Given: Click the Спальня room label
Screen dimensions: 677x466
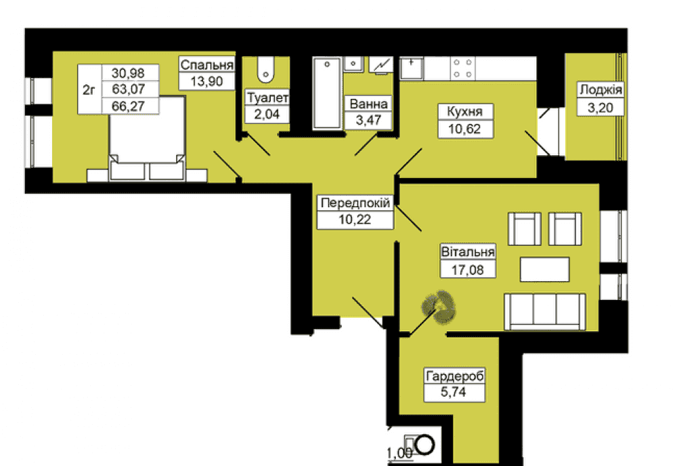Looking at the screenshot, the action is tap(206, 65).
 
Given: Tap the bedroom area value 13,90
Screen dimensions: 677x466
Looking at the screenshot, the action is tap(206, 81).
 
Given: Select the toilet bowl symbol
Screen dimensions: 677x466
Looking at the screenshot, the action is tap(265, 70).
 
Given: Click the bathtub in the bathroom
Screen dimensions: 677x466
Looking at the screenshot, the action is tap(327, 93).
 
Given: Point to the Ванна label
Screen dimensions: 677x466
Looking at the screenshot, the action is tap(368, 104).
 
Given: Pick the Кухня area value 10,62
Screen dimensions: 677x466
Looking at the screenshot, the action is tap(464, 129).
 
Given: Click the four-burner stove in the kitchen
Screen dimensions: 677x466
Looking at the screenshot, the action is tap(463, 68).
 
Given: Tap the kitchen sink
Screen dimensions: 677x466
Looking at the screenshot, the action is tap(412, 68).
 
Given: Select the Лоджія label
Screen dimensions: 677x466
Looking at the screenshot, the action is tap(600, 90).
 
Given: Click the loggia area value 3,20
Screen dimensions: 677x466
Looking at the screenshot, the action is tap(600, 108).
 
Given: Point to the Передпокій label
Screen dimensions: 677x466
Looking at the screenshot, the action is tap(355, 203).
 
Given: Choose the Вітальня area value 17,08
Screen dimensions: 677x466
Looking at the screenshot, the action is tap(468, 270).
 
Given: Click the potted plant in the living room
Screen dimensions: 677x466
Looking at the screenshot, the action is tap(439, 307).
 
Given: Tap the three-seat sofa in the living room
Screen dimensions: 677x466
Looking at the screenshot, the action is tap(545, 312).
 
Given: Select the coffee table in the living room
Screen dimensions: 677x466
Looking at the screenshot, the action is tap(544, 269).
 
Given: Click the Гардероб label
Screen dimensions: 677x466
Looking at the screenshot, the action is tap(455, 376).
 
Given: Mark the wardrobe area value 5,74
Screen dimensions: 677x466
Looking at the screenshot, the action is tap(454, 392).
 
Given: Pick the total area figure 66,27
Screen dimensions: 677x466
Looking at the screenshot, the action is tap(128, 106).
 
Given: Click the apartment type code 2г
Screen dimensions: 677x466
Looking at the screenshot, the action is tap(89, 90).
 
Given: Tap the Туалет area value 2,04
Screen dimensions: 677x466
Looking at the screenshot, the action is tap(267, 114).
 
